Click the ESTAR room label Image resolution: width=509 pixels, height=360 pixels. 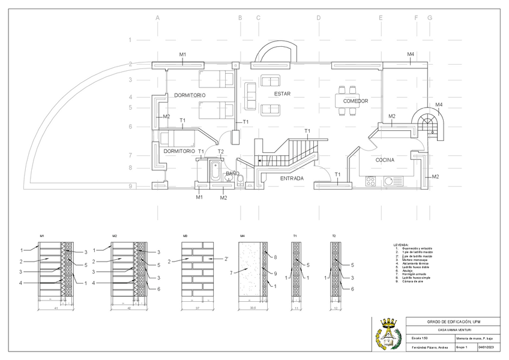click(283, 94)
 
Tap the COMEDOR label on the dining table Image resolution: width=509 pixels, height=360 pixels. click(355, 101)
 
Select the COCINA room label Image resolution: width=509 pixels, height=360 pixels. click(385, 160)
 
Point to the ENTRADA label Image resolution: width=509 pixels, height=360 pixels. click(292, 178)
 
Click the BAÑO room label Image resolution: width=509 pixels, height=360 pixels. click(232, 173)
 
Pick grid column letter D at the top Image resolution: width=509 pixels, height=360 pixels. click(319, 18)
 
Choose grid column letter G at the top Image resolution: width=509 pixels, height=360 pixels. click(430, 18)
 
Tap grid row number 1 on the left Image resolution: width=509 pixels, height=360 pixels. click(130, 40)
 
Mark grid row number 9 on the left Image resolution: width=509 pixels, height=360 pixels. click(130, 187)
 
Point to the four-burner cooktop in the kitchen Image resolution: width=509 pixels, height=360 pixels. click(371, 180)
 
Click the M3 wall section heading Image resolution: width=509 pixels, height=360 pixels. click(185, 236)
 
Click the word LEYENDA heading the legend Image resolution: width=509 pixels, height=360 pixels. click(402, 245)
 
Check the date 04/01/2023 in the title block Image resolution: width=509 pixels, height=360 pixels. click(485, 347)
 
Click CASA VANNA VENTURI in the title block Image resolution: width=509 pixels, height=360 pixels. click(454, 329)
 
